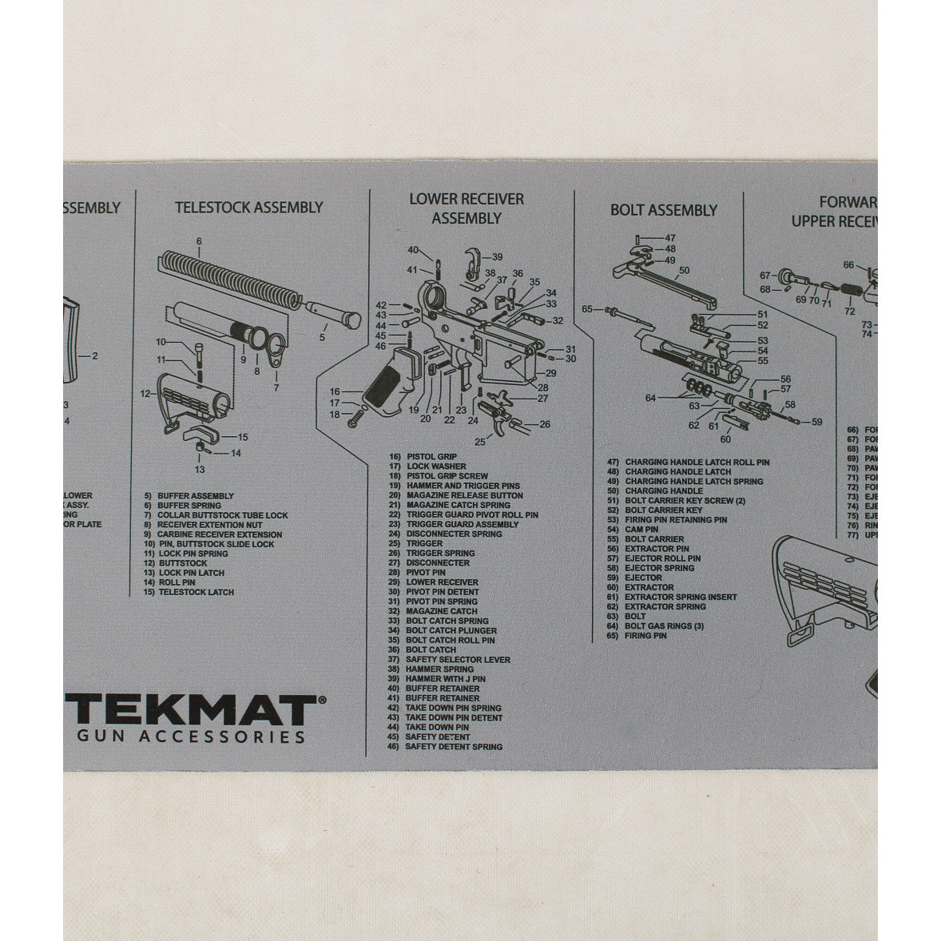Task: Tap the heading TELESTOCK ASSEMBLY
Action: point(249,208)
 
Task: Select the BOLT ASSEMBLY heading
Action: point(664,210)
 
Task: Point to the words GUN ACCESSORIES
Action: point(191,737)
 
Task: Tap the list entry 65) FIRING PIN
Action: point(637,636)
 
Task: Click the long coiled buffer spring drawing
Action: point(231,280)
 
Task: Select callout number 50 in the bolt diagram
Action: point(684,271)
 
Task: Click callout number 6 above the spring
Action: point(199,241)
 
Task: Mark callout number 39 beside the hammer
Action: point(497,257)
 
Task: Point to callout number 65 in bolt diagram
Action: point(587,309)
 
